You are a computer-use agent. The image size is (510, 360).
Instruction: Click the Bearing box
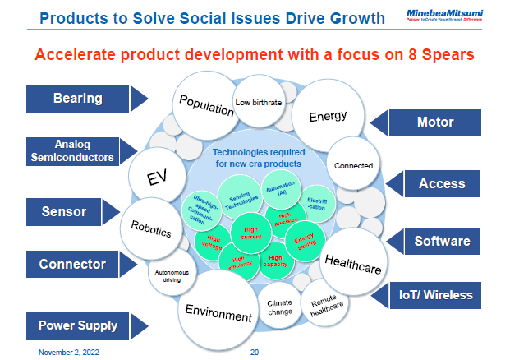78,99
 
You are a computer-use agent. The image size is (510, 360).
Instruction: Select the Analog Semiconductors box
72,150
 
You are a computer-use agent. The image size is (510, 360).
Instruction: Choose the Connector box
72,264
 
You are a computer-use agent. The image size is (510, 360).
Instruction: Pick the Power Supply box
78,325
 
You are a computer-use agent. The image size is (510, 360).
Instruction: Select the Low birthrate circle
258,103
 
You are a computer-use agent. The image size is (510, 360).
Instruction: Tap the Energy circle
328,117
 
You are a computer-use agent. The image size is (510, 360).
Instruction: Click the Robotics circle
151,228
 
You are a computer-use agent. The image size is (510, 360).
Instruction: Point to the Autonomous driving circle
173,275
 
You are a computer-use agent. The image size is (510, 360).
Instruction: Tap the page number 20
254,351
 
